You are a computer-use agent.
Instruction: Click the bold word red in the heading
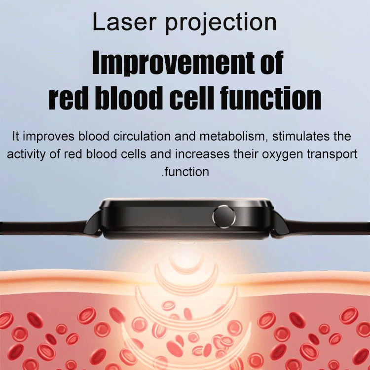[67, 98]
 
